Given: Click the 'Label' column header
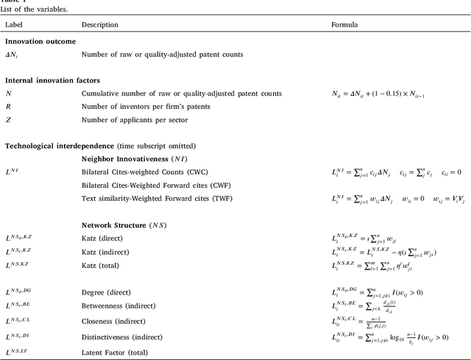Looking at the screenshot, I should pos(14,24).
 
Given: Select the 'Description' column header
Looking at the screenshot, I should pos(100,24).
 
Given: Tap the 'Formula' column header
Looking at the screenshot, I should pos(344,24).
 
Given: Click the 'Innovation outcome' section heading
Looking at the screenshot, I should pos(40,42).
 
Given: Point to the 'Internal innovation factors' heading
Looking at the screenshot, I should pos(52,80).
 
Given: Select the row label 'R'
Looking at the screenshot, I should pos(8,106).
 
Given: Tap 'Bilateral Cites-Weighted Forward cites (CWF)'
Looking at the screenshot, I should pos(158,185).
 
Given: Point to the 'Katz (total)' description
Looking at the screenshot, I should pos(102,264).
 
